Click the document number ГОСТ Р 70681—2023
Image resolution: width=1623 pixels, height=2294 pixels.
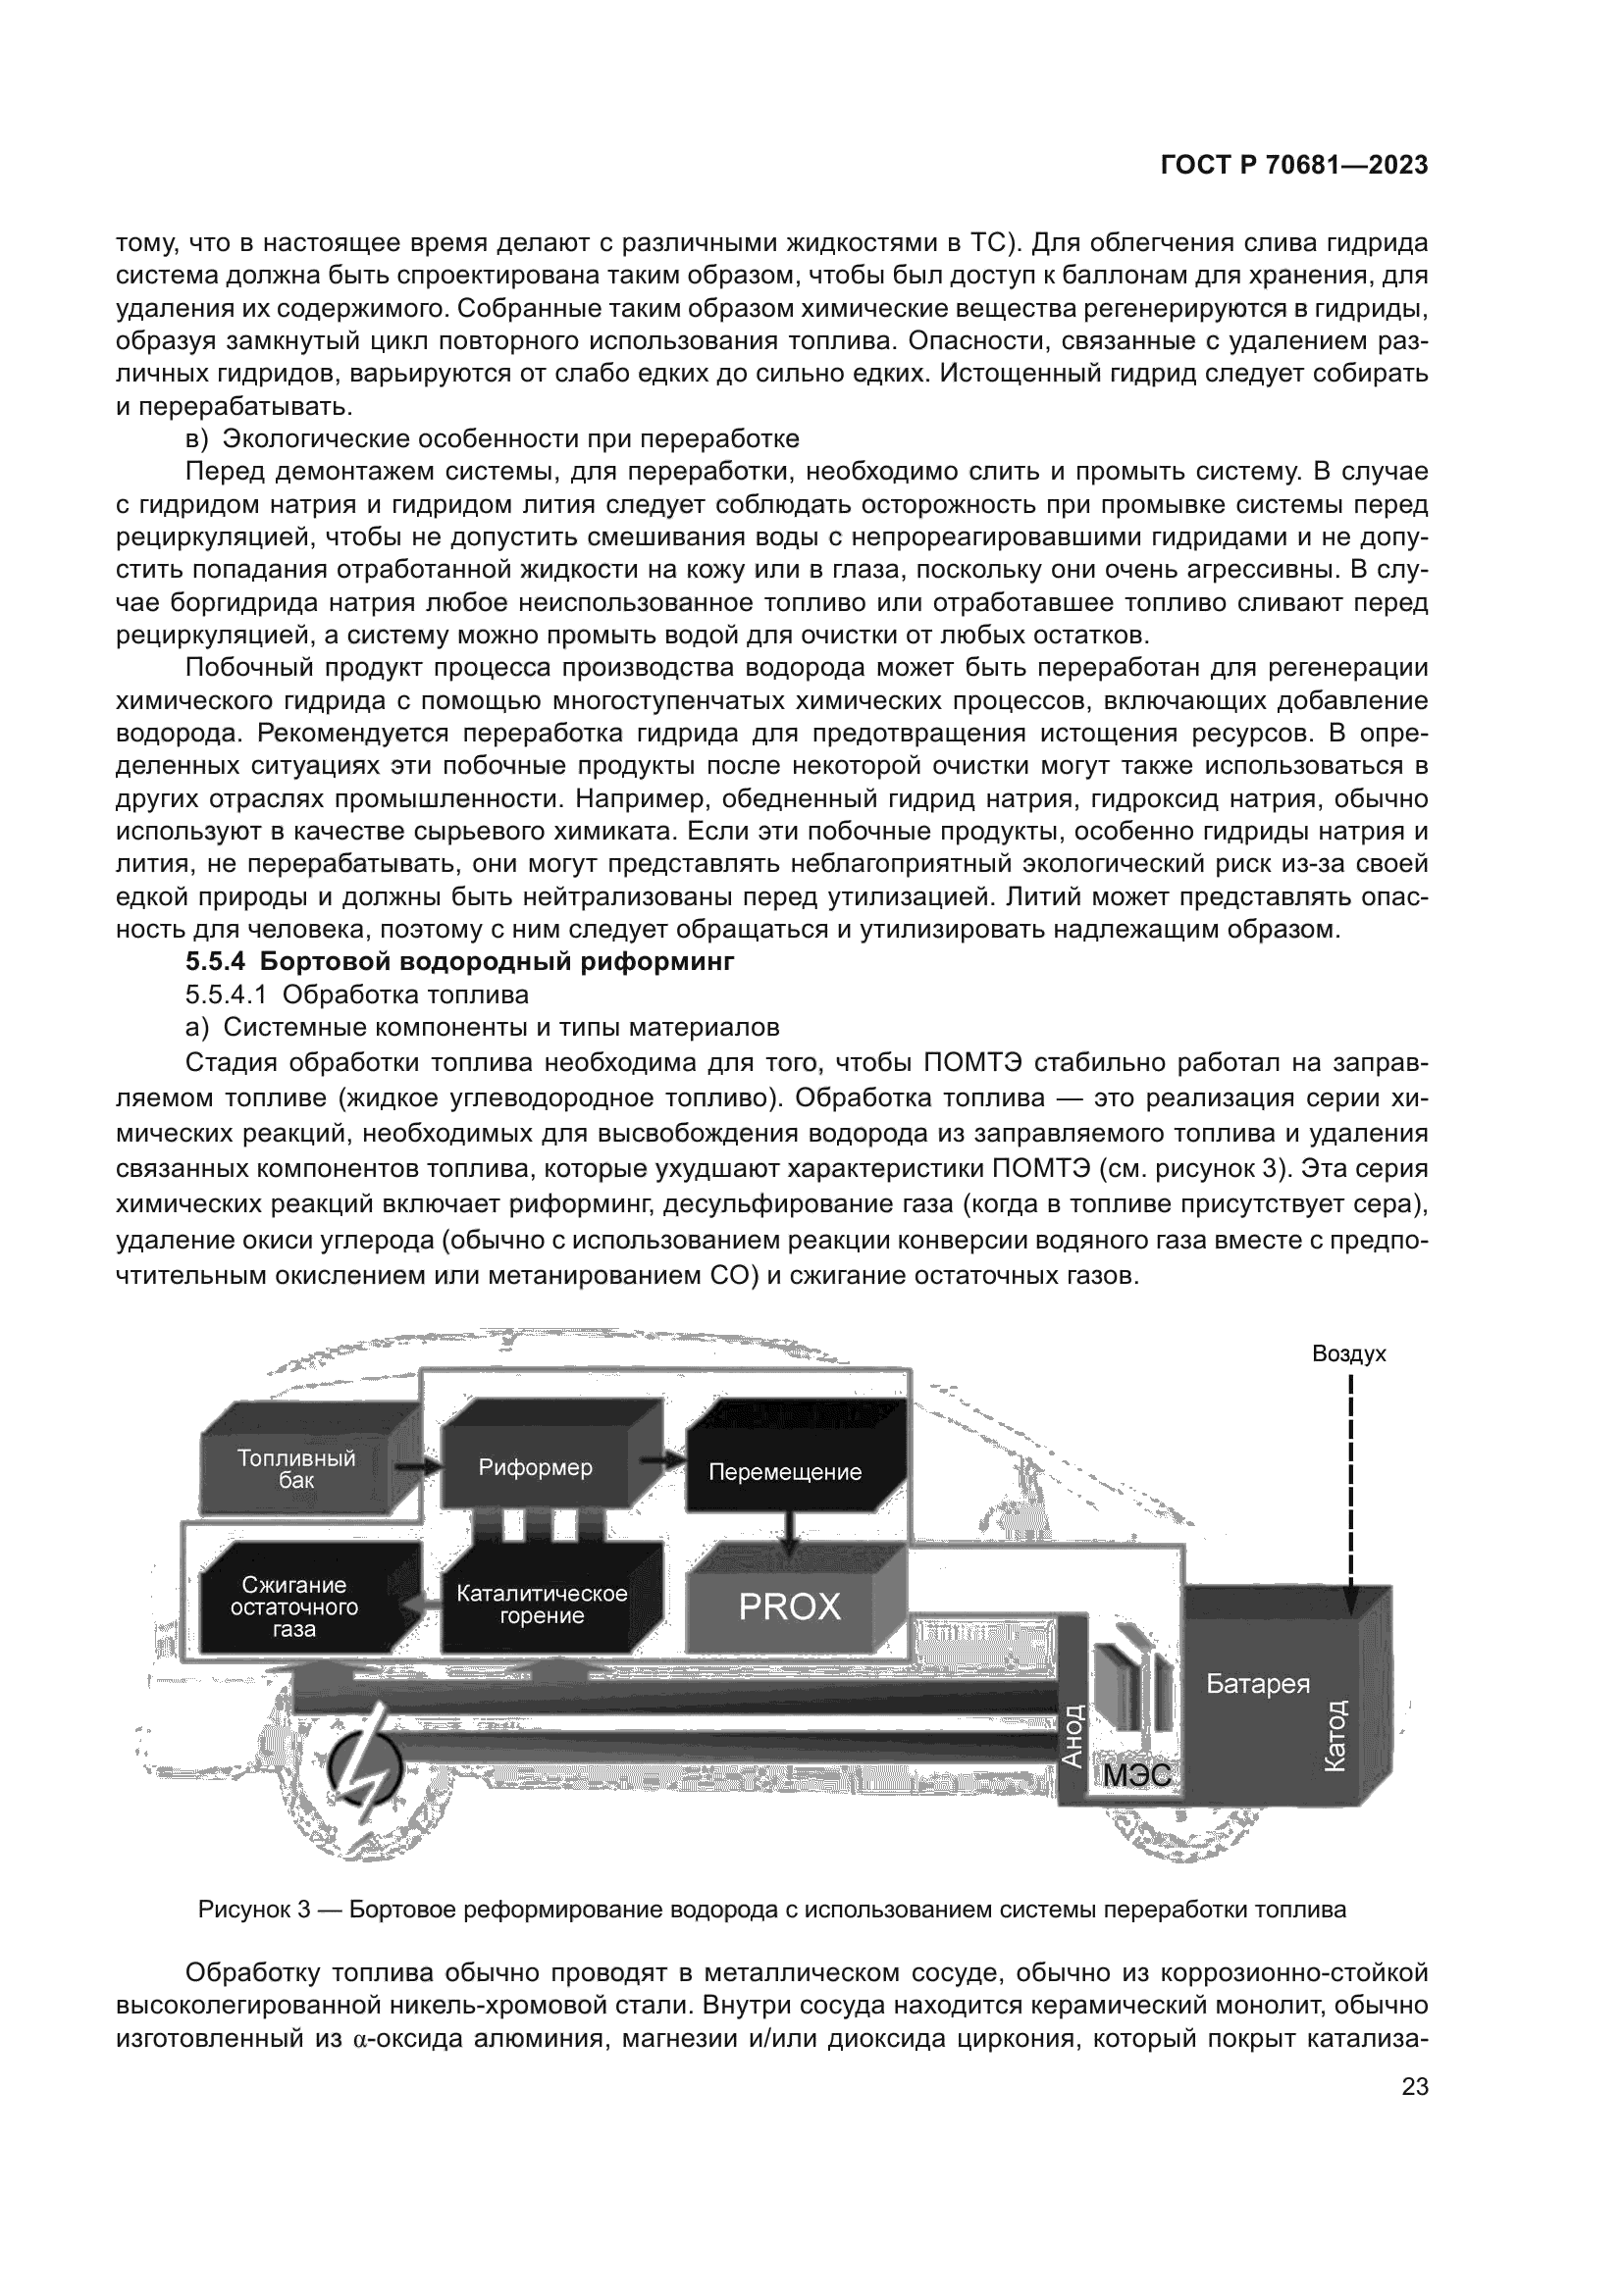(x=1293, y=166)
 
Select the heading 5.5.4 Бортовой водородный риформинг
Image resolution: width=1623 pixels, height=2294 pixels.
(x=459, y=962)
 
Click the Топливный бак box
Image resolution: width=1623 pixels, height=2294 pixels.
(x=295, y=1470)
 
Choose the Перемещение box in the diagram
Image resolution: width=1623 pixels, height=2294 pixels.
(x=785, y=1472)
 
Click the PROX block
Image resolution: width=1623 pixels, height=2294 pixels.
(x=790, y=1606)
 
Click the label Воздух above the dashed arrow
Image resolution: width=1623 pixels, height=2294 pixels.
(x=1348, y=1353)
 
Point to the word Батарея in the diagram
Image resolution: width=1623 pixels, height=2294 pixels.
(x=1257, y=1685)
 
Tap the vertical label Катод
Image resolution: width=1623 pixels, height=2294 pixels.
(x=1335, y=1737)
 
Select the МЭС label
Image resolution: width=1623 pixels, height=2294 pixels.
(x=1136, y=1774)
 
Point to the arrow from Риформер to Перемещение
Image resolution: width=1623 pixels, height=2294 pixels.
(x=661, y=1460)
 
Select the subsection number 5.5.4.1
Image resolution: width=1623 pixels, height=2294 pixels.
(x=227, y=995)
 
